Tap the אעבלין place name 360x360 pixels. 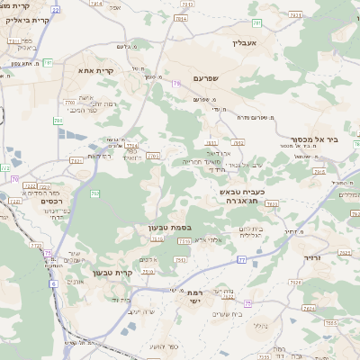[x=245, y=42]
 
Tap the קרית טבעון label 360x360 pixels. [x=113, y=273]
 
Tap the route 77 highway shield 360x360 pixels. [x=241, y=259]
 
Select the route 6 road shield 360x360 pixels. [x=53, y=283]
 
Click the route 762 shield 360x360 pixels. [x=94, y=193]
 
